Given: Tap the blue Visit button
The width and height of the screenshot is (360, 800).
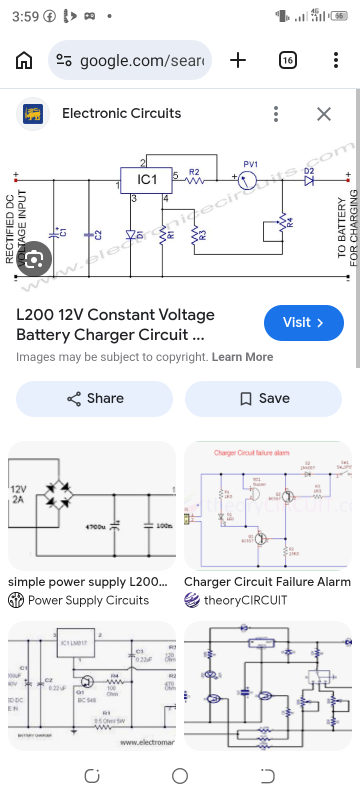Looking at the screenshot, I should coord(303,322).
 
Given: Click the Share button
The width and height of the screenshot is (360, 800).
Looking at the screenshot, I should coord(94,398).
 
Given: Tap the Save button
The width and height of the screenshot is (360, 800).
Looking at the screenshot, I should coord(263,398).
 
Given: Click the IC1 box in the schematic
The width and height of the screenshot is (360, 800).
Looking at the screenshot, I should coord(146,180).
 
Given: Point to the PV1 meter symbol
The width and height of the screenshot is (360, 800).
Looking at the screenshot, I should coord(247,180).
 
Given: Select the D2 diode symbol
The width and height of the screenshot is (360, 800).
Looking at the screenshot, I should coord(309,180).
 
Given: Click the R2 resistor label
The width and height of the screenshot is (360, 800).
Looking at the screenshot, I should coord(194,172).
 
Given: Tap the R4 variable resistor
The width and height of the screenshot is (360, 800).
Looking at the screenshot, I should coord(283,222).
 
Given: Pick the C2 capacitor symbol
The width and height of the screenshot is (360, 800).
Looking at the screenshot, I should coord(89,234).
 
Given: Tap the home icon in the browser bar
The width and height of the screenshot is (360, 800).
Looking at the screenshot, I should coord(24,60).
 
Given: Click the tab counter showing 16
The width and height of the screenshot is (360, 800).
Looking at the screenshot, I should coord(287,60).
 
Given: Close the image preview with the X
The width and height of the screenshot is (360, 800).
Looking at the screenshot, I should coord(324,114).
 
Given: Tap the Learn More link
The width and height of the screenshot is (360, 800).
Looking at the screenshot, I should coord(242,357).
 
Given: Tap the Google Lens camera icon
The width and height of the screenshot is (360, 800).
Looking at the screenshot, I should coord(33,259).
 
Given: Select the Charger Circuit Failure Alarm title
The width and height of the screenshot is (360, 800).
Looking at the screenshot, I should coord(267,581).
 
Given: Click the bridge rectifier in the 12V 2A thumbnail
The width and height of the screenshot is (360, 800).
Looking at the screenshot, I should coord(58,495).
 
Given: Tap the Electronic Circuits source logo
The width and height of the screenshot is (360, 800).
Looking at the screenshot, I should coord(33,114).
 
